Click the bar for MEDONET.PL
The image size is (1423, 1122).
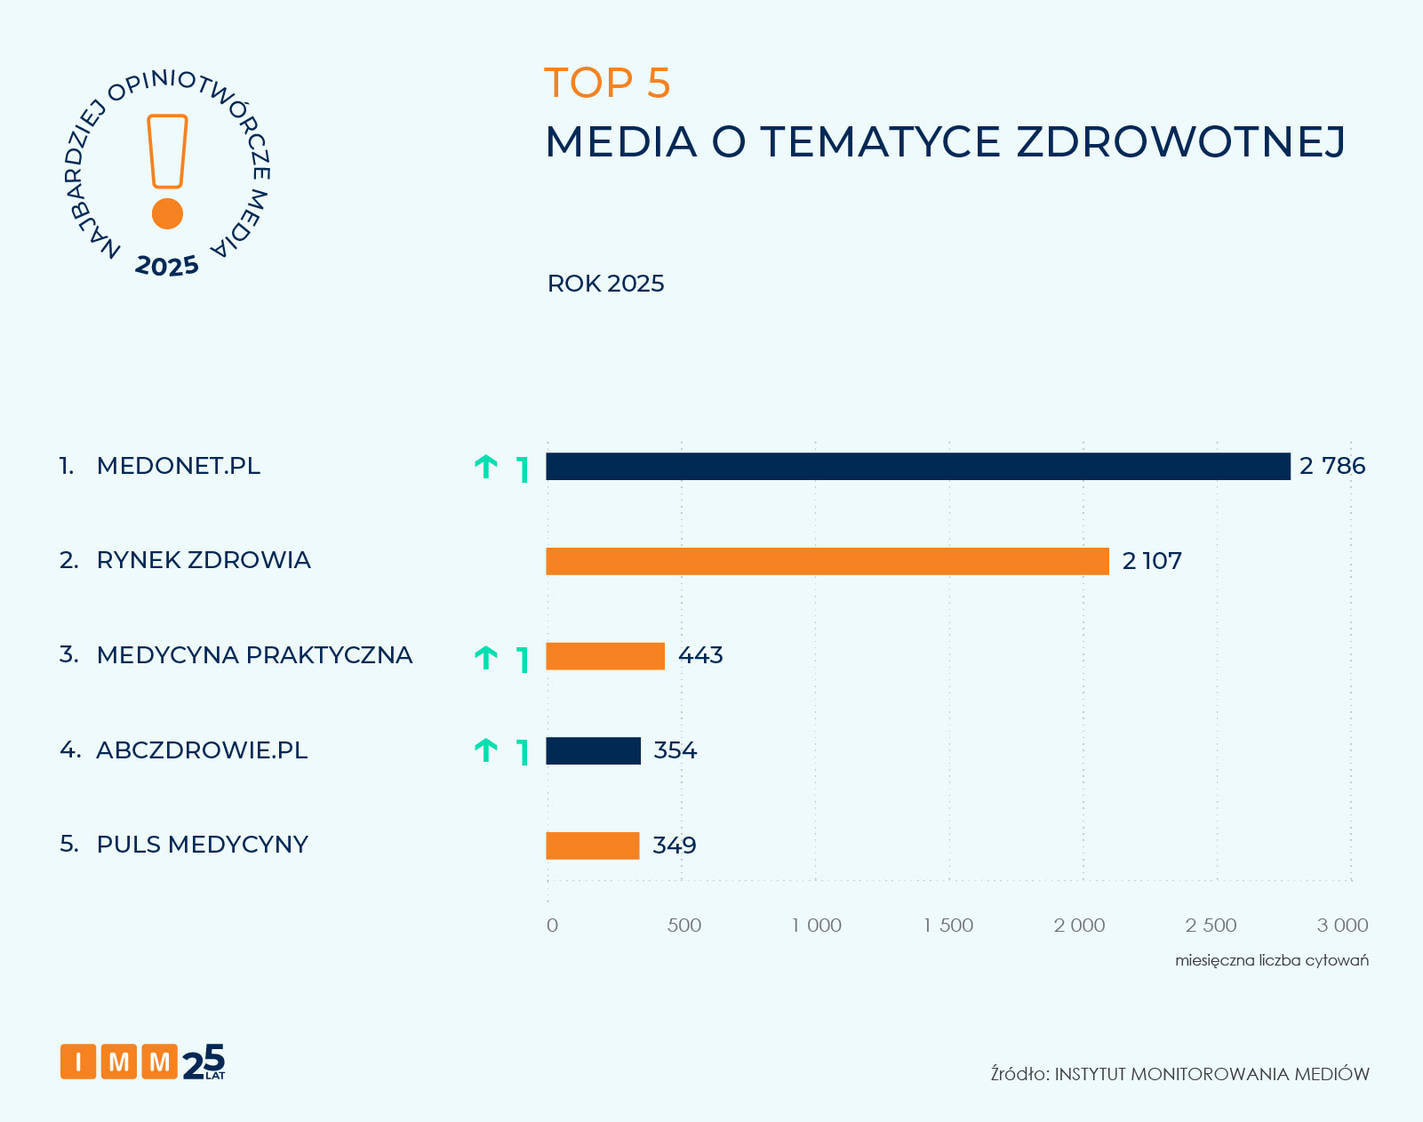pyautogui.click(x=917, y=467)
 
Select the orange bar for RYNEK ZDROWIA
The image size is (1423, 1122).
pyautogui.click(x=827, y=561)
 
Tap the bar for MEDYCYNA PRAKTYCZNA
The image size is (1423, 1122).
pyautogui.click(x=605, y=656)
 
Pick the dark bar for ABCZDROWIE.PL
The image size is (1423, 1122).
pyautogui.click(x=593, y=750)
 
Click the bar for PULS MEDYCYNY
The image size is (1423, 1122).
pyautogui.click(x=592, y=846)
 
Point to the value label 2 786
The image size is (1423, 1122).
pyautogui.click(x=1331, y=467)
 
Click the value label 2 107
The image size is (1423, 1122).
pyautogui.click(x=1152, y=561)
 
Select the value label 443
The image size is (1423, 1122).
pyautogui.click(x=700, y=656)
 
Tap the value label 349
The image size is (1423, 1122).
pyautogui.click(x=674, y=846)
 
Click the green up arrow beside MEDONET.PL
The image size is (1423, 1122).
pyautogui.click(x=485, y=467)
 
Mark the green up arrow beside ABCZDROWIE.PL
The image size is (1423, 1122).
pyautogui.click(x=485, y=750)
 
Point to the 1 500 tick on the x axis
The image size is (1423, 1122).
pyautogui.click(x=948, y=926)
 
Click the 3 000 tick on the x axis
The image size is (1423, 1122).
pyautogui.click(x=1342, y=926)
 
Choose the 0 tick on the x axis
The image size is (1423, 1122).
pyautogui.click(x=552, y=926)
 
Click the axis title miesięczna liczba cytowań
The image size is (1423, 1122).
pyautogui.click(x=1271, y=960)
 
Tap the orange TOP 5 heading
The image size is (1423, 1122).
pyautogui.click(x=607, y=84)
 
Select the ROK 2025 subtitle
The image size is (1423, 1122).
pyautogui.click(x=605, y=284)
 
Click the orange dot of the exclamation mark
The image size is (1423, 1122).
pyautogui.click(x=167, y=214)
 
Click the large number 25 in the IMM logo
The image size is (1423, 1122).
pyautogui.click(x=204, y=1062)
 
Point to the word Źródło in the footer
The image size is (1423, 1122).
pyautogui.click(x=1019, y=1074)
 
